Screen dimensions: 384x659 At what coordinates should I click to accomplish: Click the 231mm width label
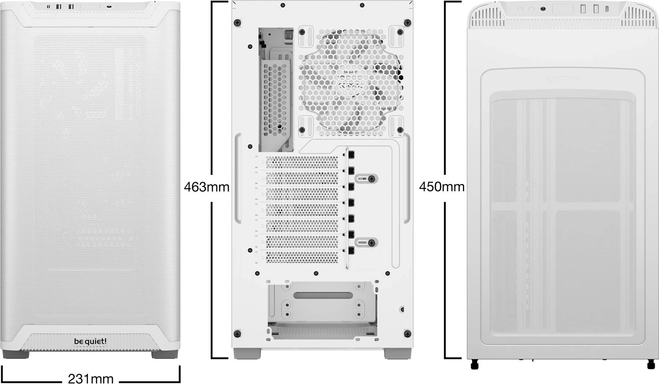click(90, 379)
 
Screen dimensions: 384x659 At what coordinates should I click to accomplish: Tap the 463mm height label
click(207, 187)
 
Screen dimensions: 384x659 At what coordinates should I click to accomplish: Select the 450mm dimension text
click(442, 187)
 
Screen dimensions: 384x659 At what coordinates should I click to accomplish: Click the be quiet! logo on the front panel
click(90, 341)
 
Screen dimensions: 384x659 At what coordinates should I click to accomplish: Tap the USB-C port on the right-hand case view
click(608, 8)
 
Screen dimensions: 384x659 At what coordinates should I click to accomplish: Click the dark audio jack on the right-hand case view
click(543, 9)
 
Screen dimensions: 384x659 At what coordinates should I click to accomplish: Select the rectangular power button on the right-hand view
click(563, 9)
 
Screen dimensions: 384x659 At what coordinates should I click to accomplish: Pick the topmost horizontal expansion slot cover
click(302, 162)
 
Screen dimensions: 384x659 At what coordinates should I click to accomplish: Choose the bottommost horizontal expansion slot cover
click(302, 257)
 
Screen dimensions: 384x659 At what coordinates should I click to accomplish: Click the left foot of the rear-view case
click(242, 353)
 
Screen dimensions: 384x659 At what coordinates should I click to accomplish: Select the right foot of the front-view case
click(164, 354)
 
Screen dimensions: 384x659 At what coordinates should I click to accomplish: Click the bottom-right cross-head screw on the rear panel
click(407, 333)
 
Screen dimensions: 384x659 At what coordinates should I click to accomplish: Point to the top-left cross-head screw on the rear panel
click(238, 22)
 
